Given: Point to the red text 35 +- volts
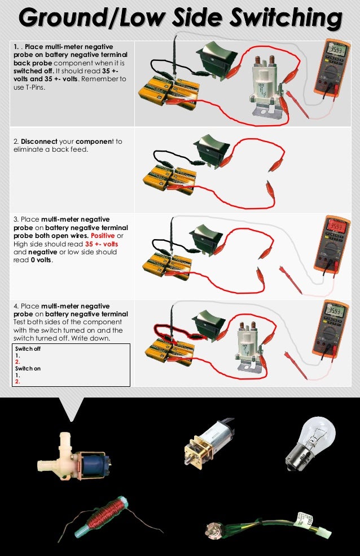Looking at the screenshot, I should pyautogui.click(x=102, y=244).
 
